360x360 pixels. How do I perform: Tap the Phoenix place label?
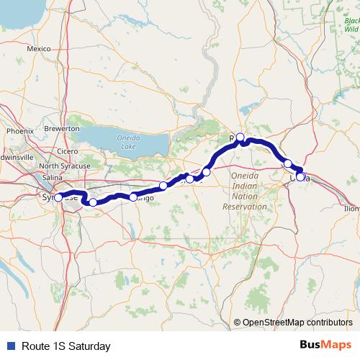point(20,131)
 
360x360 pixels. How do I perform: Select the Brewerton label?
point(61,127)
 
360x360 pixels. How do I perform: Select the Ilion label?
point(351,208)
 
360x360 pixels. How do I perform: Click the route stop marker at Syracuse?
point(58,197)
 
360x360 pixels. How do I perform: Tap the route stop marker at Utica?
point(300,176)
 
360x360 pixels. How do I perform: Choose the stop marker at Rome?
point(240,137)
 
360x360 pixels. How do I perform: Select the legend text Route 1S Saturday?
point(66,346)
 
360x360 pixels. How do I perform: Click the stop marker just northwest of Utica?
point(288,163)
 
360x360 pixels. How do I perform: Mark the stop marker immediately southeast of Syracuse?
point(93,202)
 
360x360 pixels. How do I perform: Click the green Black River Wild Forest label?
point(351,25)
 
